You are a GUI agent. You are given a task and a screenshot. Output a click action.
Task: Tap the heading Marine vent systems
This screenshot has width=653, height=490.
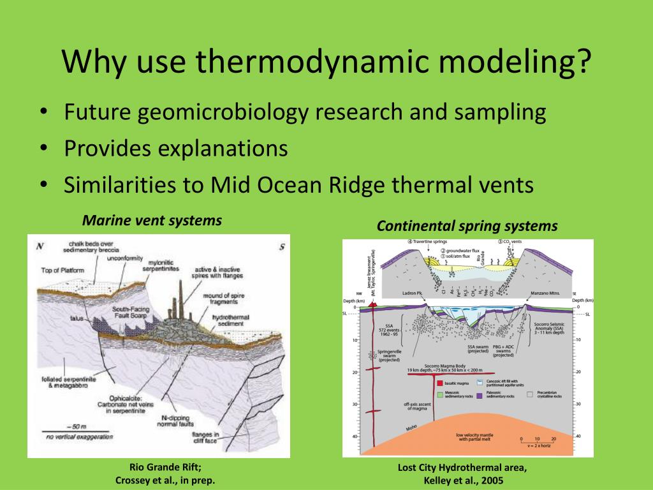tap(152, 221)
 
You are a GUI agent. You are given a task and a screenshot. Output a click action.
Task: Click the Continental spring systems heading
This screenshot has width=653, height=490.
tap(467, 226)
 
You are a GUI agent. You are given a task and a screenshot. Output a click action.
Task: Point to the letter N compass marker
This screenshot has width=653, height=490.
tap(40, 246)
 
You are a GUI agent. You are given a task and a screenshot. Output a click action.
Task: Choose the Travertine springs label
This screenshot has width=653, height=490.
tap(430, 242)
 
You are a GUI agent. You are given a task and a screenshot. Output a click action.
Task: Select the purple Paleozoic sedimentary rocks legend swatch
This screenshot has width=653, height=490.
tap(478, 396)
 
